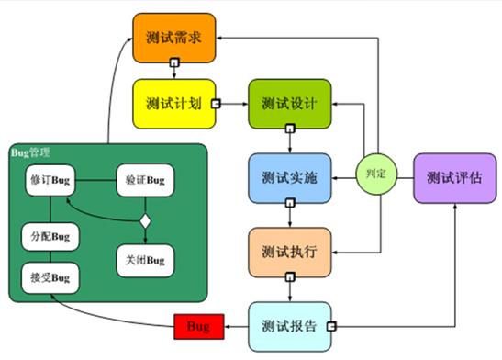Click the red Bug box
click(x=198, y=325)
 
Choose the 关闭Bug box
click(x=142, y=260)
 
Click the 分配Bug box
click(x=49, y=236)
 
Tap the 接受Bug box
click(x=49, y=276)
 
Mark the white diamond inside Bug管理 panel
click(x=143, y=220)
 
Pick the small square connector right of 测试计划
click(x=217, y=103)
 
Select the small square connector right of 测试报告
click(x=332, y=325)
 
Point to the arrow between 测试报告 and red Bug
click(x=235, y=325)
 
